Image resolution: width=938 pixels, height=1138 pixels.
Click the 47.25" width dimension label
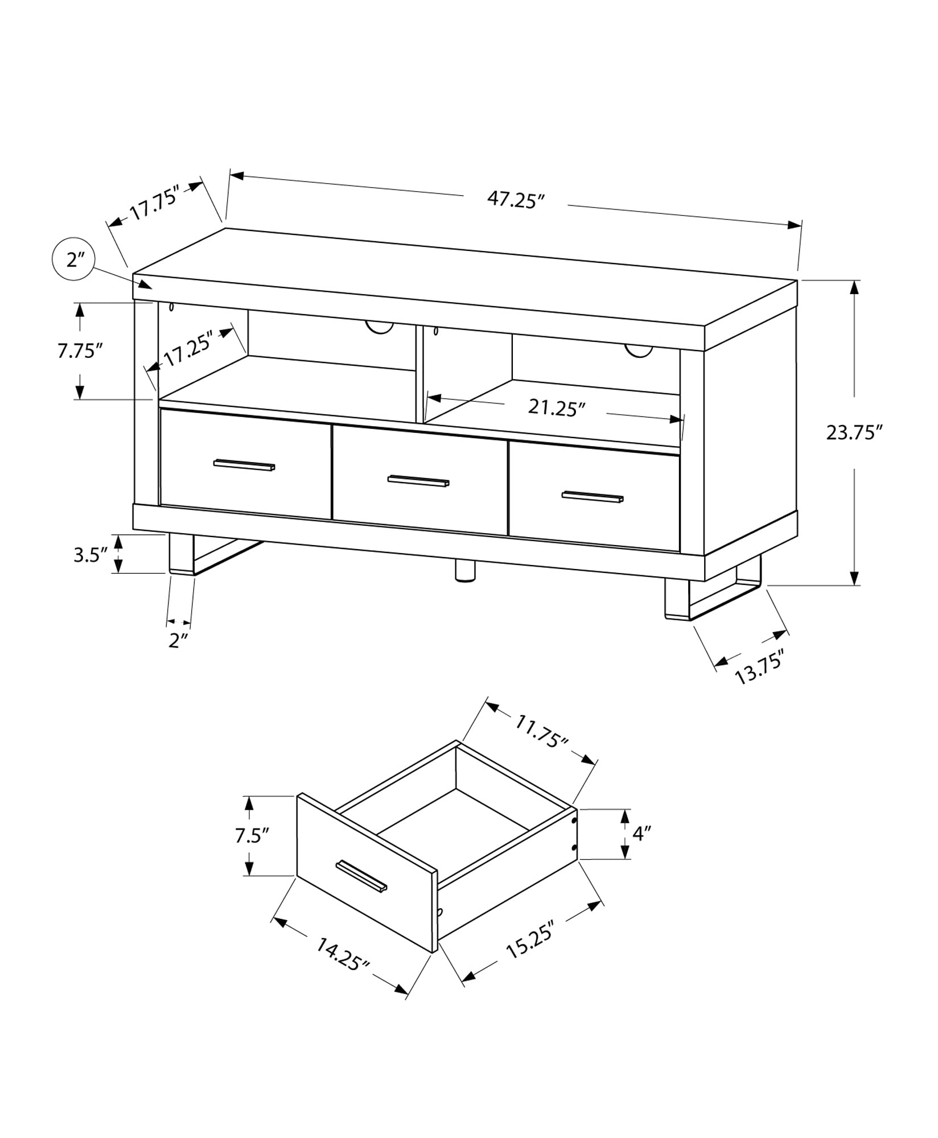pos(516,200)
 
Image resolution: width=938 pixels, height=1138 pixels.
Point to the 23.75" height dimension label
pos(854,432)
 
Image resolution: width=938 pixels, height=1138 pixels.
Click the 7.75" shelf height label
pos(79,351)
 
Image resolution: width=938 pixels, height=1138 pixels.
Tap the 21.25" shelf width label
pos(556,407)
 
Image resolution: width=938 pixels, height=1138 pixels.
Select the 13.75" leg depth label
pos(760,667)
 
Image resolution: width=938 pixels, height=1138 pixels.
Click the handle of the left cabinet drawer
pos(244,465)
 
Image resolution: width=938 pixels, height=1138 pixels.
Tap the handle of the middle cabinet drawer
pos(418,481)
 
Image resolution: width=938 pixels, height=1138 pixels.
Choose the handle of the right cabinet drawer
pos(593,497)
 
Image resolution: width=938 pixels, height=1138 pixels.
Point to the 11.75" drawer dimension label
pos(541,731)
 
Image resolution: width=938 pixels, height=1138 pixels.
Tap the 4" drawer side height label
pos(641,834)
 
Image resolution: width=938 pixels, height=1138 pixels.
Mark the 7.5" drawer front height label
pos(251,835)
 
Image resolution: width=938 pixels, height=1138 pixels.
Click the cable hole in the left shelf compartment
pos(379,328)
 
